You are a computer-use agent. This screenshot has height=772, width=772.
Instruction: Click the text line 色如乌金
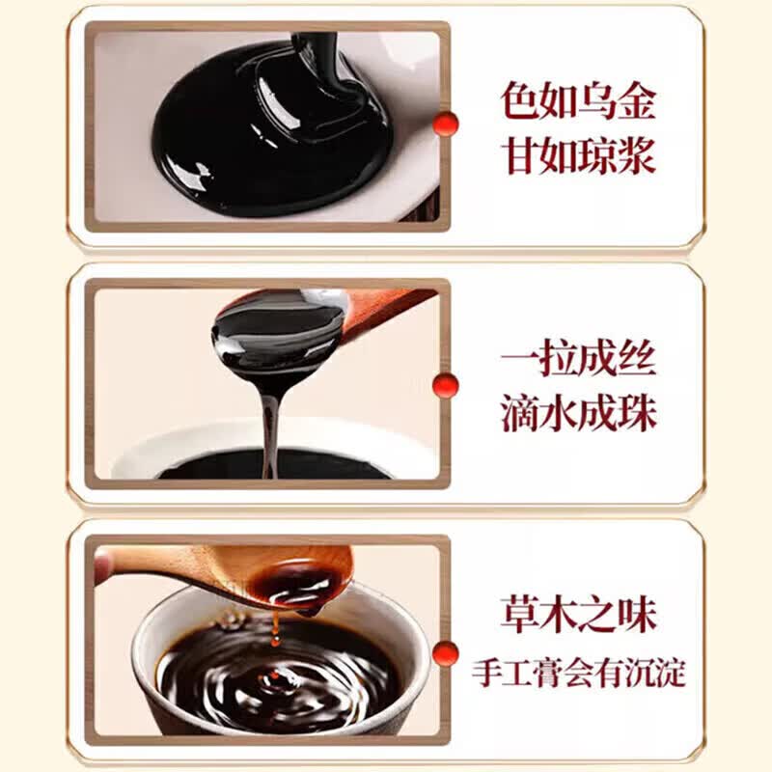[578, 101]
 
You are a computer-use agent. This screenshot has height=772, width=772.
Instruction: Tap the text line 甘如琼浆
[579, 156]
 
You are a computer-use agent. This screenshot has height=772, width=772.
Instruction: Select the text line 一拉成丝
[578, 359]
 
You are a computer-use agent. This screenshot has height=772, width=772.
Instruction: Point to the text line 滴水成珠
[579, 415]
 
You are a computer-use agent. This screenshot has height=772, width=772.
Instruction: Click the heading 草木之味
[578, 615]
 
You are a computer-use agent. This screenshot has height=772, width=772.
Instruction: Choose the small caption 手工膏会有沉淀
[578, 672]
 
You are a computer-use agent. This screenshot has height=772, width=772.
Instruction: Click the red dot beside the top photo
[446, 124]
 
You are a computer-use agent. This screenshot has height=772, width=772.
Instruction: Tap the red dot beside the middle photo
[446, 385]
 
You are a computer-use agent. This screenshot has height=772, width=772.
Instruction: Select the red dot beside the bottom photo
[446, 653]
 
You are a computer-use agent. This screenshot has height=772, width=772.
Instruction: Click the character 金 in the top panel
[637, 101]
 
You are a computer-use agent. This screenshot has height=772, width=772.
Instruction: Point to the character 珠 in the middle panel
[638, 415]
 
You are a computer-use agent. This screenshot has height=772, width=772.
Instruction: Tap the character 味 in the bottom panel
[638, 615]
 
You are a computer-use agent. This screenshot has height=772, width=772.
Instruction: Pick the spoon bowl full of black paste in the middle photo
[278, 331]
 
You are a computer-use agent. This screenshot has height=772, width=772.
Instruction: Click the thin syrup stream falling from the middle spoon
[269, 433]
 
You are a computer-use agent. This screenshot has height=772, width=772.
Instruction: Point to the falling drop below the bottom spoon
[275, 641]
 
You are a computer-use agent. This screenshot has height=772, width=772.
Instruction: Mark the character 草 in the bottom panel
[520, 615]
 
